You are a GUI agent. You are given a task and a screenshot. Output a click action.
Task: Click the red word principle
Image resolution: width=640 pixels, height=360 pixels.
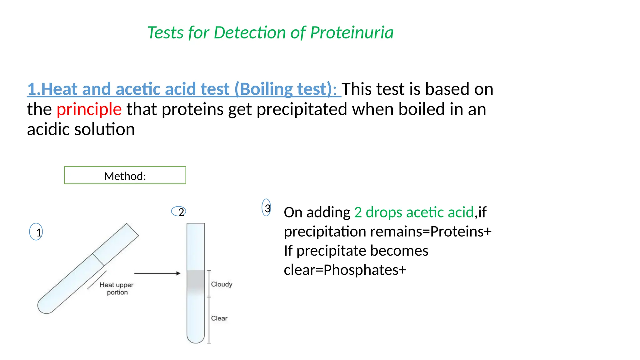[x=89, y=109]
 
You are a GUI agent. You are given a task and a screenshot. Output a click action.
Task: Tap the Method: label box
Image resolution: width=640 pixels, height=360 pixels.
[x=125, y=175]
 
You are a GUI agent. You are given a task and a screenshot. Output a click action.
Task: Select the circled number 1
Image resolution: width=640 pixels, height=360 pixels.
[x=36, y=232]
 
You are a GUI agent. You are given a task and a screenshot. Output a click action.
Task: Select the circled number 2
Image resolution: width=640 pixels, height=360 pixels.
[x=179, y=212]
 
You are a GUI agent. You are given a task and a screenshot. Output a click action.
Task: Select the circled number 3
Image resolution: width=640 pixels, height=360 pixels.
[x=266, y=208]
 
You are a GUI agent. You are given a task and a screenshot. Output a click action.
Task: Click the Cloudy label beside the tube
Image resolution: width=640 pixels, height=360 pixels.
[x=222, y=284]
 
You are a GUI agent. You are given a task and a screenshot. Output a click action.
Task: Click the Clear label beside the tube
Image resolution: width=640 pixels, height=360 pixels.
[x=219, y=318]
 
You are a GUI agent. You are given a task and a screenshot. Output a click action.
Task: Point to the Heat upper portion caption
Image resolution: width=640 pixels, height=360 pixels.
[x=117, y=288]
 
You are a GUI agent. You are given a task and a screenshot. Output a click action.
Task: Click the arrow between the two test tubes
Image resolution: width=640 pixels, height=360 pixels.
[x=157, y=273]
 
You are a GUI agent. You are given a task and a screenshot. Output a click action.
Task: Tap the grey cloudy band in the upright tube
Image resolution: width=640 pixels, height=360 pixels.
[x=196, y=282]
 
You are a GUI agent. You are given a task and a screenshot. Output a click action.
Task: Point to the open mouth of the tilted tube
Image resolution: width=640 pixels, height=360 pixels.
[x=132, y=230]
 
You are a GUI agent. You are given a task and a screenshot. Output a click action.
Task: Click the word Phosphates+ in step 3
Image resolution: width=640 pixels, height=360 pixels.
[x=365, y=270]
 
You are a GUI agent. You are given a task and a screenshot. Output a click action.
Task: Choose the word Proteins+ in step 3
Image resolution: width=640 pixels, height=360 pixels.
[x=461, y=232]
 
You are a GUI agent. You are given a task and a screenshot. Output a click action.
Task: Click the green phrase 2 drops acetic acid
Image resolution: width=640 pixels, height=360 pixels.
[x=414, y=212]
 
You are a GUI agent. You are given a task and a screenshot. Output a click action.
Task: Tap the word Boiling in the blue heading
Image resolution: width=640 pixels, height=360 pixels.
[x=267, y=89]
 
